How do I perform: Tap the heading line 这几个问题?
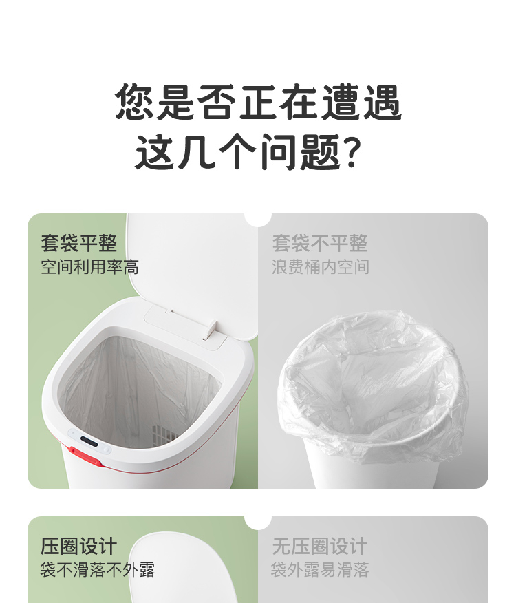pyautogui.click(x=248, y=152)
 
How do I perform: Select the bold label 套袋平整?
pyautogui.click(x=79, y=243)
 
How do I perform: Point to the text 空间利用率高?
pyautogui.click(x=89, y=267)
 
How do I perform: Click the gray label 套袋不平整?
pyautogui.click(x=319, y=243)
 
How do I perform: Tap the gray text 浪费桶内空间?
pyautogui.click(x=321, y=267)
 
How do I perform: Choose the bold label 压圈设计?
pyautogui.click(x=78, y=546)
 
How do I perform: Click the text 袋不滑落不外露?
pyautogui.click(x=98, y=569)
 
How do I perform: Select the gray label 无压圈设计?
pyautogui.click(x=319, y=546)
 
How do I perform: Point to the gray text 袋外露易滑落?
pyautogui.click(x=320, y=569)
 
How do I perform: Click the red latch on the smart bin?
pyautogui.click(x=85, y=456)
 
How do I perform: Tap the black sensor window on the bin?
pyautogui.click(x=89, y=441)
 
